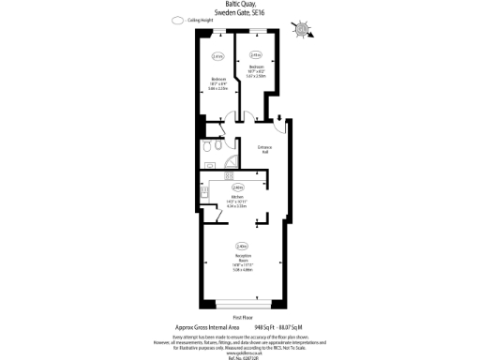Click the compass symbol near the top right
coord(301,29)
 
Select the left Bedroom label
coord(217,79)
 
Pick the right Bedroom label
coord(256,67)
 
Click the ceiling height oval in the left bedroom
coord(217,56)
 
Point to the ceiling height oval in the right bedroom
coord(256,54)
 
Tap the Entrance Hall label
coord(264,150)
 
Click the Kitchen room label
coord(238,197)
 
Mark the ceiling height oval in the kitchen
coord(238,187)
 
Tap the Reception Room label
coord(242,257)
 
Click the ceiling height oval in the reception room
coord(242,246)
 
